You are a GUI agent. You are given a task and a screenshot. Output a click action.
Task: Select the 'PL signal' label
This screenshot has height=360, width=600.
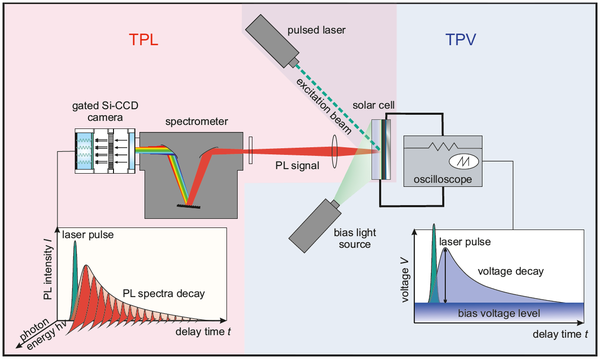tap(301, 167)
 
